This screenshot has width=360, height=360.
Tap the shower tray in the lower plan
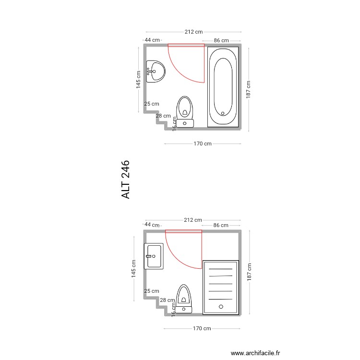pyautogui.click(x=221, y=287)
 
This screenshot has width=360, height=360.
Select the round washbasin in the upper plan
pyautogui.click(x=155, y=72)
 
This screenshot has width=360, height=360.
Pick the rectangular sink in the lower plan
pyautogui.click(x=154, y=255)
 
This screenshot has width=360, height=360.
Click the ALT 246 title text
pyautogui.click(x=126, y=180)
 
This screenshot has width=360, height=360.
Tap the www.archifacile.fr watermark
pyautogui.click(x=255, y=353)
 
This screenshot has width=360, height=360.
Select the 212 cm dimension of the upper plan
pyautogui.click(x=193, y=32)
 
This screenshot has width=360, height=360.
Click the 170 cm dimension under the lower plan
pyautogui.click(x=202, y=329)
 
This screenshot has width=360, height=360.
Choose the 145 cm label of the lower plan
pyautogui.click(x=134, y=268)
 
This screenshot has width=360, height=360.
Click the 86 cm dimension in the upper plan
pyautogui.click(x=221, y=40)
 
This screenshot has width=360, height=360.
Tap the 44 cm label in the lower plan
pyautogui.click(x=151, y=225)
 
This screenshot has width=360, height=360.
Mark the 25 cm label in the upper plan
pyautogui.click(x=151, y=104)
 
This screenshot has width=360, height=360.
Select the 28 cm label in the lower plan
pyautogui.click(x=167, y=300)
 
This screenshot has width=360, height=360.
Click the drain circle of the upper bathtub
pyautogui.click(x=223, y=113)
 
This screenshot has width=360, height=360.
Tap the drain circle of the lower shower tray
pyautogui.click(x=221, y=306)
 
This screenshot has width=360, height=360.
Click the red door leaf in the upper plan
pyautogui.click(x=186, y=45)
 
